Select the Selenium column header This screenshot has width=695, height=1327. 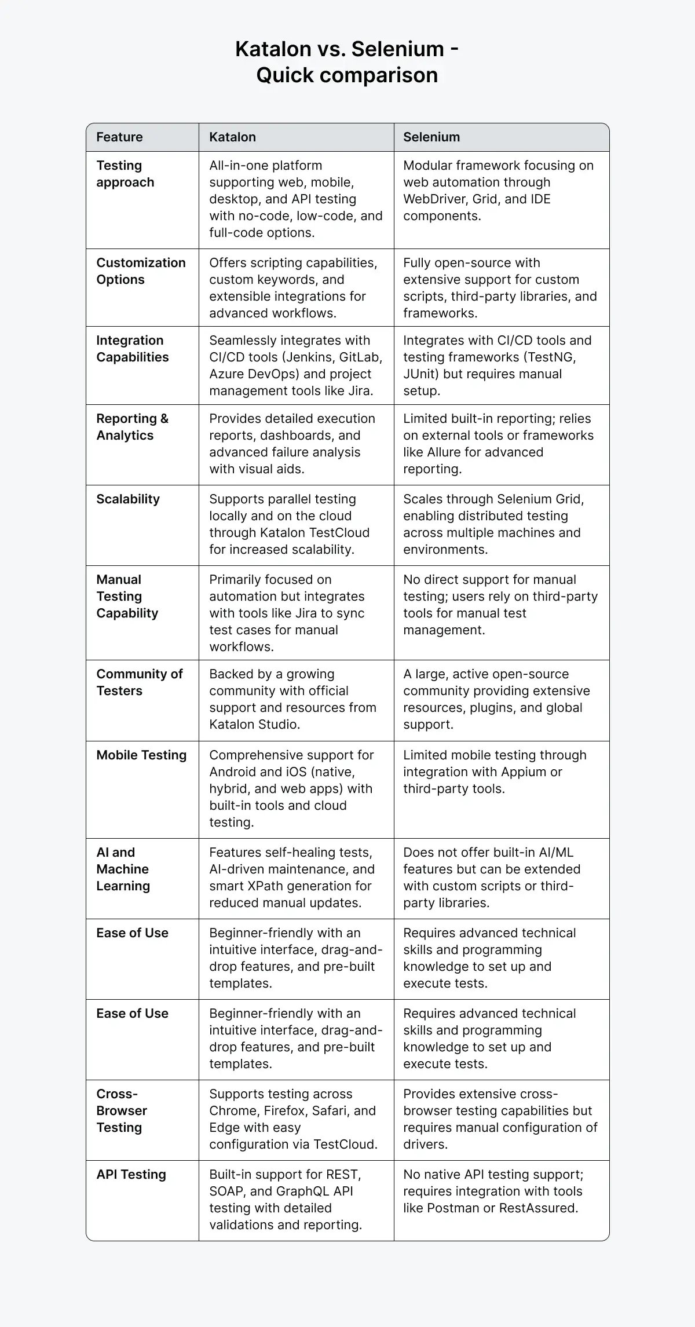tap(431, 137)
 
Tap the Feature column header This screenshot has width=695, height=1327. tap(119, 137)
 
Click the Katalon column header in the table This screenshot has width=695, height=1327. tap(232, 137)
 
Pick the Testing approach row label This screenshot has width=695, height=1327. tap(125, 174)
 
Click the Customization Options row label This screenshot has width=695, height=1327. tap(141, 271)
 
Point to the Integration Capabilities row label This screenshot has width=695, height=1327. tap(132, 349)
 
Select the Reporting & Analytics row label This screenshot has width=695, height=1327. tap(132, 427)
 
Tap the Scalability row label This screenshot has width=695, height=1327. tap(128, 499)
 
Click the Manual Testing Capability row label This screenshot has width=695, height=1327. tap(127, 597)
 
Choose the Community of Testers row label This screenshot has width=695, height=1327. tap(139, 682)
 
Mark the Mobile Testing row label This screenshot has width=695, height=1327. tap(141, 755)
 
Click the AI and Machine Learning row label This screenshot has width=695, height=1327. tap(123, 869)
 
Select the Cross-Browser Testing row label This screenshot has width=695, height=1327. tap(122, 1111)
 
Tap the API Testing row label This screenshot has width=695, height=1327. tap(131, 1175)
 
